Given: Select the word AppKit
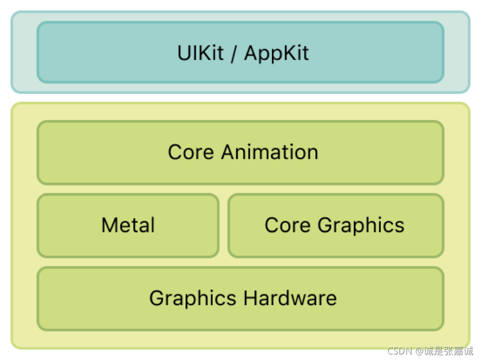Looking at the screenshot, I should tap(276, 53).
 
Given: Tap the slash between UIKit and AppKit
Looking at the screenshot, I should tap(234, 53).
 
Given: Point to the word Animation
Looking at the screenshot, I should tap(269, 152).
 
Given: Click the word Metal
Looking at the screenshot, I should tap(128, 225).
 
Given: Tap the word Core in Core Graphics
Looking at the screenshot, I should tap(287, 225).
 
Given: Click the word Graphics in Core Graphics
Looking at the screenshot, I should tap(361, 226).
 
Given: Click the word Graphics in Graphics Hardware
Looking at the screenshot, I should tap(193, 299).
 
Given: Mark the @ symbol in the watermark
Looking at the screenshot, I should tap(418, 351).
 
